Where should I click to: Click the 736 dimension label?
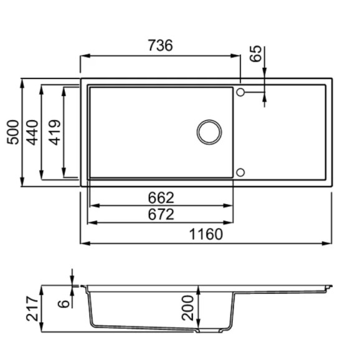click(160, 45)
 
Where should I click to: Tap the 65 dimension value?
click(256, 54)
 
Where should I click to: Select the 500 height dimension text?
click(13, 132)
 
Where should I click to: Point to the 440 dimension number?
click(32, 133)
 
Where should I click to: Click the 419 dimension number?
click(55, 133)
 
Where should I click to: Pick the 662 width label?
click(161, 197)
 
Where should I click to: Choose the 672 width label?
click(161, 214)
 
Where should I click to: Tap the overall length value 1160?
click(206, 234)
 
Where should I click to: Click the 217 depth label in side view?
click(32, 308)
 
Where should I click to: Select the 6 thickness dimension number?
click(64, 304)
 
